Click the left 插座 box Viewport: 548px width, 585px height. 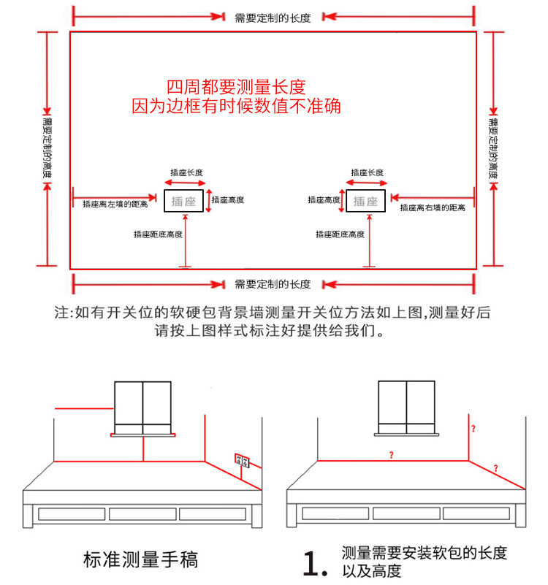click(x=184, y=201)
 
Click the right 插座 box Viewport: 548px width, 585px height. click(x=365, y=201)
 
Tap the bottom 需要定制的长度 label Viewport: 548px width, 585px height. click(x=273, y=283)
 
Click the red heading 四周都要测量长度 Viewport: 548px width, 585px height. click(x=235, y=86)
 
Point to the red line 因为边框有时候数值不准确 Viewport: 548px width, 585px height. click(x=236, y=106)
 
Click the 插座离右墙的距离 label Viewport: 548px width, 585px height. click(x=433, y=208)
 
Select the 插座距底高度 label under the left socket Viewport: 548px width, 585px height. click(x=158, y=234)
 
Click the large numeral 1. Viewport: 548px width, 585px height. click(x=312, y=562)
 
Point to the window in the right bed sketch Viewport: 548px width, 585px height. click(x=406, y=407)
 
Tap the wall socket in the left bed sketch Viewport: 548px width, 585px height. click(x=242, y=460)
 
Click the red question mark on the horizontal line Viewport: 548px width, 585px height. click(x=392, y=455)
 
